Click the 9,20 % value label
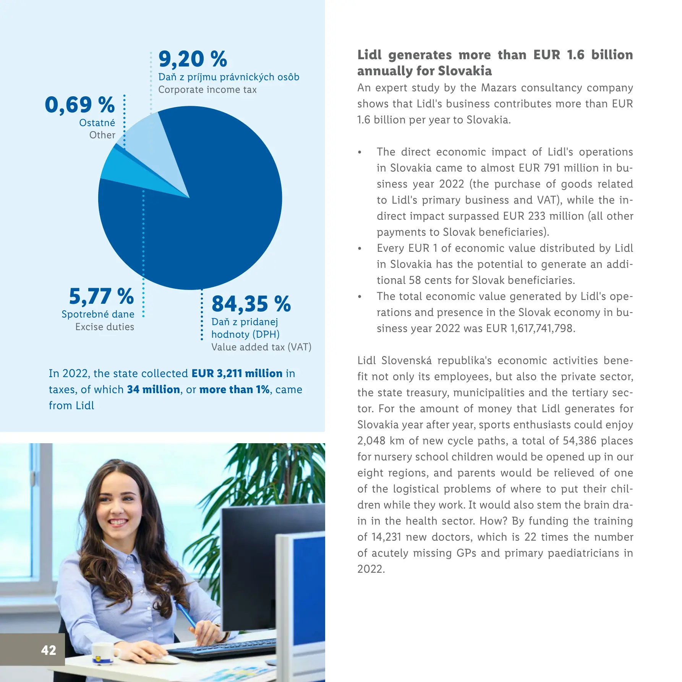[x=193, y=60]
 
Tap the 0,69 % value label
[x=79, y=105]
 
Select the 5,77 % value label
[x=101, y=296]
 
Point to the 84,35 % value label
[x=251, y=304]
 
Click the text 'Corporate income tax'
[x=207, y=90]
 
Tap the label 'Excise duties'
[x=105, y=327]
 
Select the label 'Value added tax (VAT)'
[x=261, y=347]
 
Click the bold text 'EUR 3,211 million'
[x=237, y=373]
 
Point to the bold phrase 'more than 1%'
[x=235, y=390]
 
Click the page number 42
[x=49, y=650]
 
